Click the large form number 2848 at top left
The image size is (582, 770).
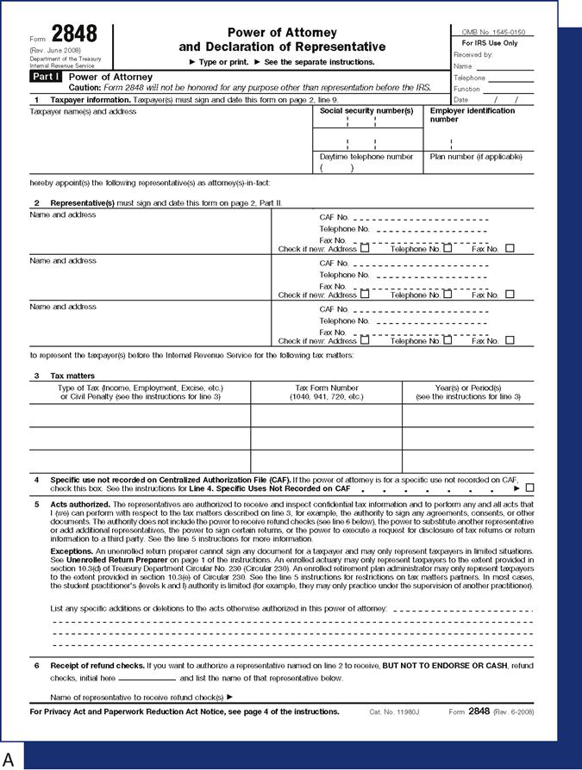click(x=74, y=34)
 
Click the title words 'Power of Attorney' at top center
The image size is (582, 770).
click(x=282, y=31)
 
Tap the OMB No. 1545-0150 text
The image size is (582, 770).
click(x=493, y=32)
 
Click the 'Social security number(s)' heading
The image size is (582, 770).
click(x=366, y=111)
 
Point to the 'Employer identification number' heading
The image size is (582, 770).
click(x=472, y=115)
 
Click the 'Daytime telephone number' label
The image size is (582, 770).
click(x=366, y=157)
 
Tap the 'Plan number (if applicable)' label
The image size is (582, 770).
click(x=475, y=157)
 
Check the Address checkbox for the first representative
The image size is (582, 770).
click(x=365, y=248)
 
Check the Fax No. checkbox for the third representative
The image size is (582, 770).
click(x=510, y=340)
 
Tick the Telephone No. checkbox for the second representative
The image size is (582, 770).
click(x=447, y=295)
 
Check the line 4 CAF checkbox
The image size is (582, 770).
click(x=529, y=488)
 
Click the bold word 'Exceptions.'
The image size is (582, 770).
click(x=72, y=549)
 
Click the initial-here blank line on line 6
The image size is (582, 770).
click(x=147, y=678)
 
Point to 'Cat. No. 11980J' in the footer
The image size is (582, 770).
click(x=393, y=712)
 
